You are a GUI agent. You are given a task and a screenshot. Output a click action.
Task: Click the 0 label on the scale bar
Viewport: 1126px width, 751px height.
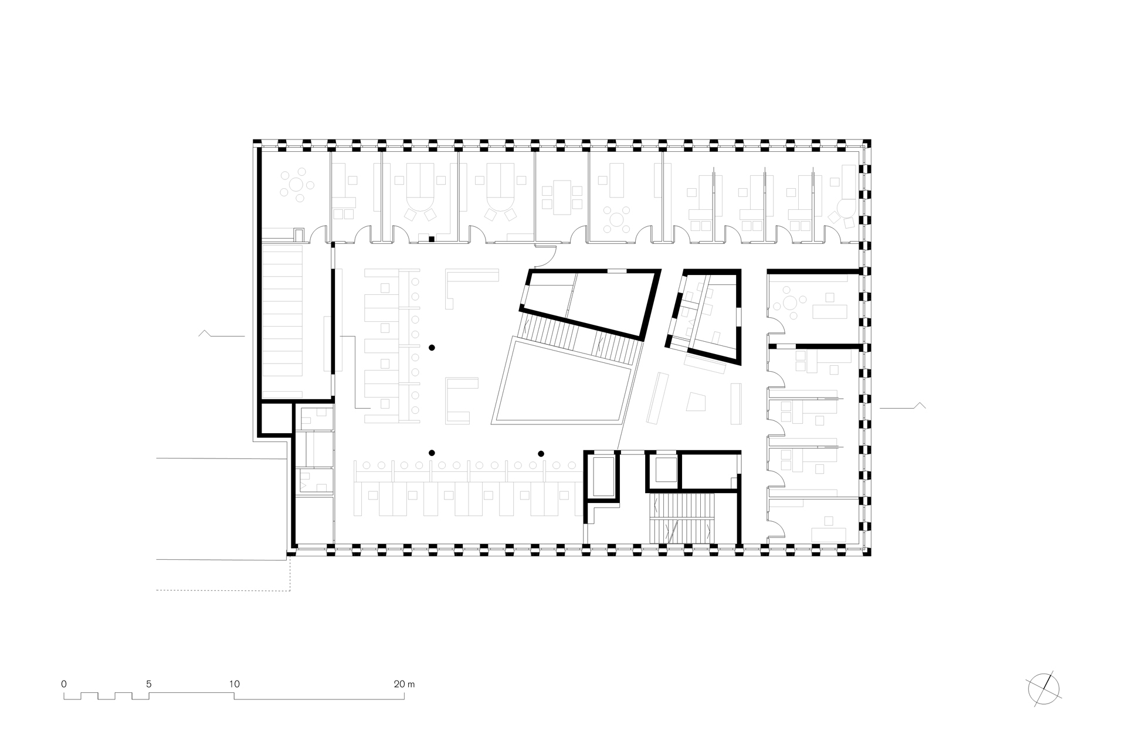63,684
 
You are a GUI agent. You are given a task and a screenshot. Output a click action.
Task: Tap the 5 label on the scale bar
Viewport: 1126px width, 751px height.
149,684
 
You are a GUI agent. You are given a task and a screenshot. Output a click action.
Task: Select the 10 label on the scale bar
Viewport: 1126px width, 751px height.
235,684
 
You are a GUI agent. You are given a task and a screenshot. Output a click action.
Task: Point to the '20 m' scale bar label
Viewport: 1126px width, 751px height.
404,684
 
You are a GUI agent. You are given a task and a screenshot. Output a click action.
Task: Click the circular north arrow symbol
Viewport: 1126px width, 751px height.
1044,687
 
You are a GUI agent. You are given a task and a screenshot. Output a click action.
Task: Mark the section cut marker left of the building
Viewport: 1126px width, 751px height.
222,334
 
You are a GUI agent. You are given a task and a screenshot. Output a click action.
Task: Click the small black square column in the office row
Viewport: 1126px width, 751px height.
431,239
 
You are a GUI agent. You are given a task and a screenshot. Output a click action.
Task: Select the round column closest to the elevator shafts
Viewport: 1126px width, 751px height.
541,453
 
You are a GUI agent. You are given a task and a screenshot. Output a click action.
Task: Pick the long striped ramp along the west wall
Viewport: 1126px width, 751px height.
282,319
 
